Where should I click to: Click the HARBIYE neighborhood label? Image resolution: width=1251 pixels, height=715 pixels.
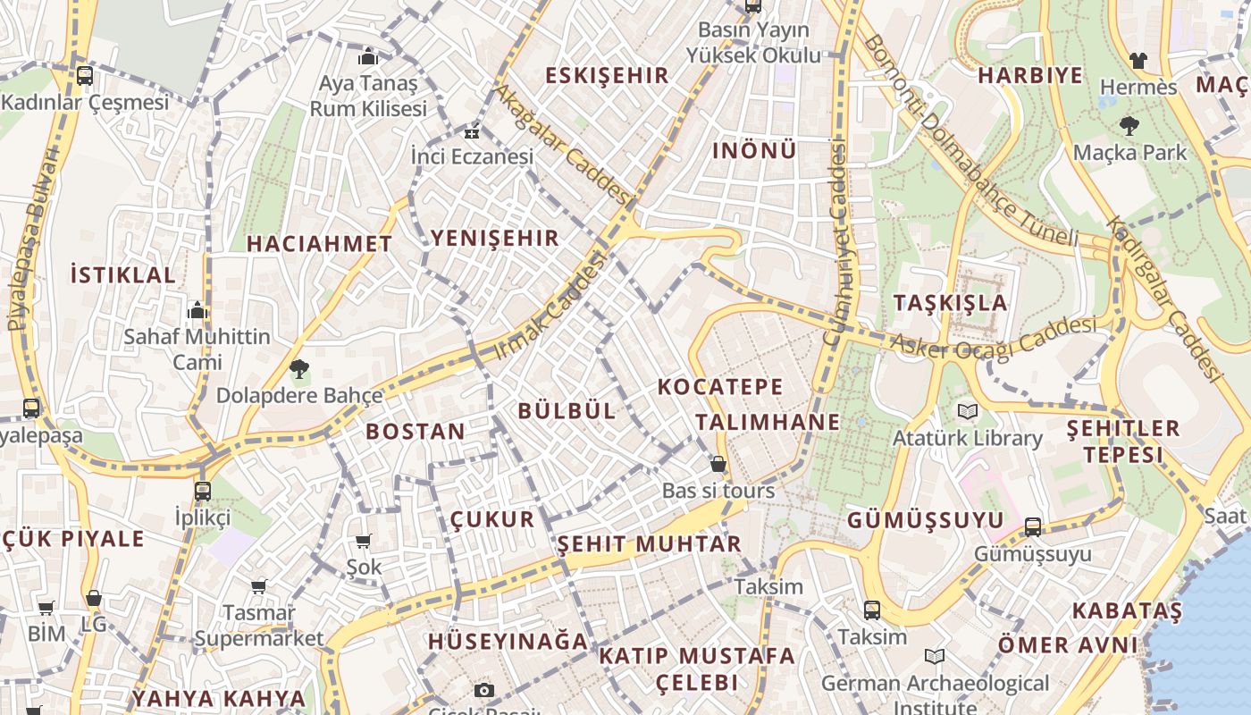pos(1029,75)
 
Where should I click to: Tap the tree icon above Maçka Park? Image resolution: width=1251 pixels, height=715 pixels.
pos(1129,126)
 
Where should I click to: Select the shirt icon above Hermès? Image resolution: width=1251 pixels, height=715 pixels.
pos(1138,61)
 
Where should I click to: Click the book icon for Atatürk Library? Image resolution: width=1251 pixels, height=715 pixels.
pos(967,411)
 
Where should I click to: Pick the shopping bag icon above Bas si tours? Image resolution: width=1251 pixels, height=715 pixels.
pos(718,464)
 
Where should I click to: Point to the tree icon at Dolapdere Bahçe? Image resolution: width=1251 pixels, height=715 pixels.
pos(298,368)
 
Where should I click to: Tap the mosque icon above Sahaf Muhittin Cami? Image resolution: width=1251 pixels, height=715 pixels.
pos(197,310)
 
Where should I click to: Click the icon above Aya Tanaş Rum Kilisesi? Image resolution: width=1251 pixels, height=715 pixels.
pos(368,56)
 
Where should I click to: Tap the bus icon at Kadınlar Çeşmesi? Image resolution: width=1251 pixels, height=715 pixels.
pos(85,76)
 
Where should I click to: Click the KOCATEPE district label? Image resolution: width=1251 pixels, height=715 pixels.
pos(720,387)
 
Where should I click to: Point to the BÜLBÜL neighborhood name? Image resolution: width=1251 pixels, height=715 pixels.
pos(567,411)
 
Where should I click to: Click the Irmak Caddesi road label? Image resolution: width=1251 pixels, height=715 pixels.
pos(549,307)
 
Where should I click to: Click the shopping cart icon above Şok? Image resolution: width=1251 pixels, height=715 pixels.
pos(363,541)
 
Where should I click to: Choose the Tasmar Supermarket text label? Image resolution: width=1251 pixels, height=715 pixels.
pos(258,626)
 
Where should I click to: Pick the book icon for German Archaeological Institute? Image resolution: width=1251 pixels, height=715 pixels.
pos(934,657)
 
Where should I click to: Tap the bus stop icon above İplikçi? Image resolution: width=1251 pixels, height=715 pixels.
pos(203,491)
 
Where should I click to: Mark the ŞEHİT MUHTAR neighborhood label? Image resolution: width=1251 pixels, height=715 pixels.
pos(650,543)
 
